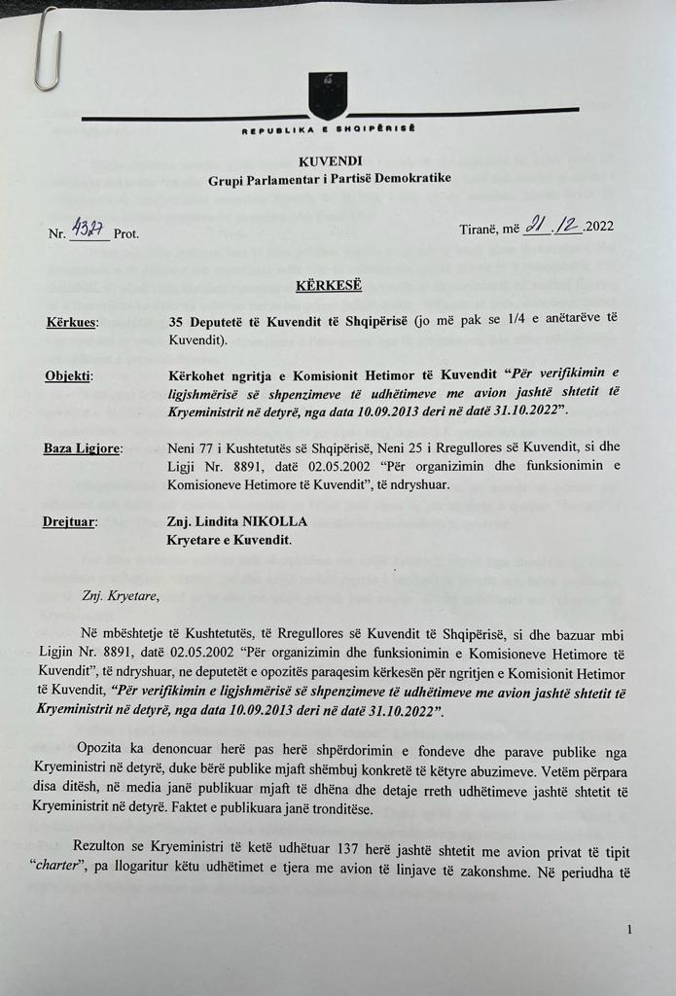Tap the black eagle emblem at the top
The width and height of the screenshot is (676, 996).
(328, 95)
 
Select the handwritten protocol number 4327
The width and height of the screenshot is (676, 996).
(89, 231)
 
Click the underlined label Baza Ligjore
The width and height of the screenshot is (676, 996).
(82, 449)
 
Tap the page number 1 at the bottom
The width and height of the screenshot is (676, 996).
(629, 930)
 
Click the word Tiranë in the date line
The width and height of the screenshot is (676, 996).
(481, 230)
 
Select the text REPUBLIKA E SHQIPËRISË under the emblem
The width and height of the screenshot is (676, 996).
(329, 129)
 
